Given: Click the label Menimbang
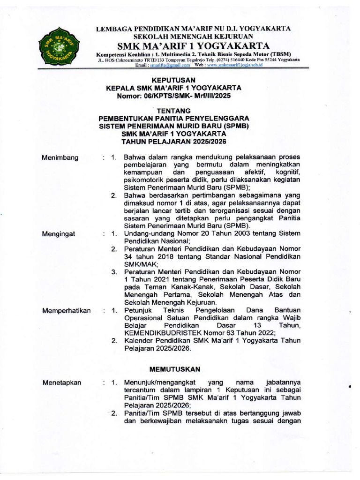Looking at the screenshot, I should [60, 157].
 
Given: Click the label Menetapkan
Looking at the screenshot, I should [62, 382].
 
